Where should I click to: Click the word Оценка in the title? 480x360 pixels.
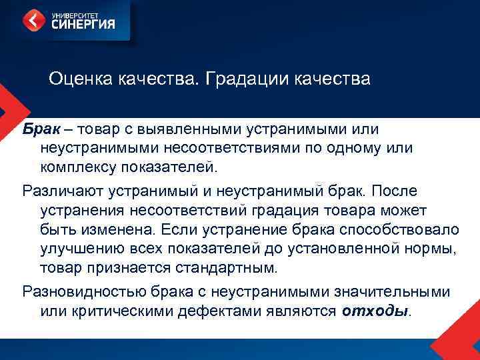81,79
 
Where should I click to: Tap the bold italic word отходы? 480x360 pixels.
374,311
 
